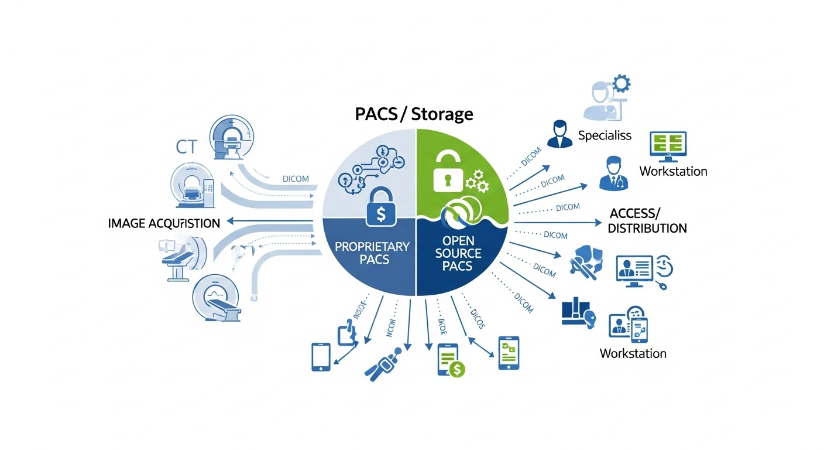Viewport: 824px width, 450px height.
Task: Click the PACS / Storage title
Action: (x=414, y=114)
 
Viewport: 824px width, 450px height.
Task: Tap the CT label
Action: (x=188, y=146)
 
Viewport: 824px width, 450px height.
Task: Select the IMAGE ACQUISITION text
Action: (x=164, y=223)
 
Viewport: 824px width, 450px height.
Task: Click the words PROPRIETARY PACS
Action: (x=372, y=252)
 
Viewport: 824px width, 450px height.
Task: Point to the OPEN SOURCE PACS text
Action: (x=462, y=253)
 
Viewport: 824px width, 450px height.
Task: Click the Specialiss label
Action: (x=605, y=135)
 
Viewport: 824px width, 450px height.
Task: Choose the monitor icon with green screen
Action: (x=668, y=146)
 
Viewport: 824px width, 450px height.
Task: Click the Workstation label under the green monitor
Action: (x=673, y=172)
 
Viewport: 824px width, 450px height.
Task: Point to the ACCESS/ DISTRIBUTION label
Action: (x=647, y=220)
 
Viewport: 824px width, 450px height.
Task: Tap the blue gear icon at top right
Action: (x=620, y=84)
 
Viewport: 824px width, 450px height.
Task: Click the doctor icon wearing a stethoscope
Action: (x=613, y=173)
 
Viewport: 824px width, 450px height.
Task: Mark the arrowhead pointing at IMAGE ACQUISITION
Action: (x=231, y=221)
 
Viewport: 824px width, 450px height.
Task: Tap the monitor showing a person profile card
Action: (x=634, y=269)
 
